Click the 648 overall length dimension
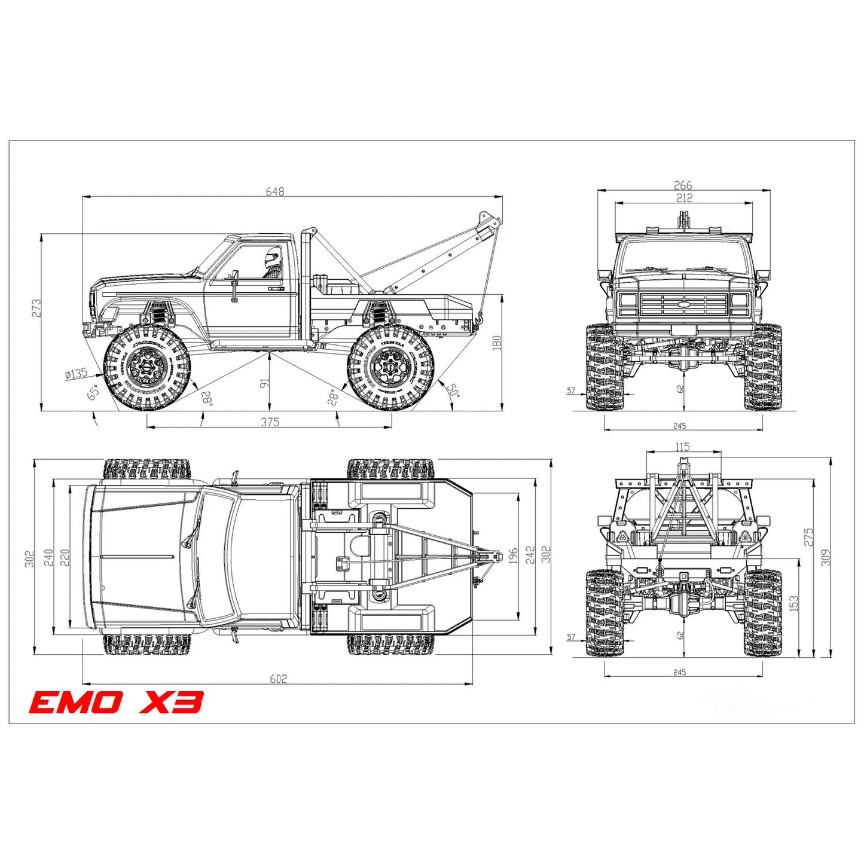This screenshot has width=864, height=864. (x=275, y=191)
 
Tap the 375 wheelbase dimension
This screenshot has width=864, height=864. (x=270, y=422)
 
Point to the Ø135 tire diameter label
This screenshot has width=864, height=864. (x=76, y=374)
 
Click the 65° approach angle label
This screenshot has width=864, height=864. (x=93, y=393)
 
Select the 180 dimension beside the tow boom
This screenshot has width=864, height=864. (x=497, y=343)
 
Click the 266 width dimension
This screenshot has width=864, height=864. (x=683, y=185)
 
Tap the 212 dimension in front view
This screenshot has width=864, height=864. (x=684, y=198)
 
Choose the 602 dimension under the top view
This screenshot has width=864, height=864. (x=278, y=679)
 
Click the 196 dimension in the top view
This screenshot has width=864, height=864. (x=512, y=556)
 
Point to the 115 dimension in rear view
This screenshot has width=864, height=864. (x=682, y=447)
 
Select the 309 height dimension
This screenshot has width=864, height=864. (x=826, y=558)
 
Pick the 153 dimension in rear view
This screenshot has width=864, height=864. (x=794, y=603)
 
